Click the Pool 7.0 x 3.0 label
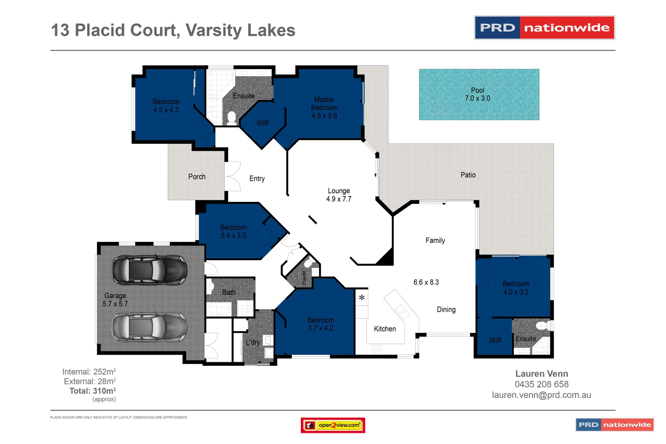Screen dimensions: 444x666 click(477, 94)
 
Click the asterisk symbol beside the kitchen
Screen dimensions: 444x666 click(362, 298)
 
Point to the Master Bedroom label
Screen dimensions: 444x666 click(324, 107)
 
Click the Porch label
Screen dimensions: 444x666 click(197, 177)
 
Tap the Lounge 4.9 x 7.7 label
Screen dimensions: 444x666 click(339, 195)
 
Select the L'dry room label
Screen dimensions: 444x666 click(253, 342)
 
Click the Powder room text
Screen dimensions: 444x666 click(304, 277)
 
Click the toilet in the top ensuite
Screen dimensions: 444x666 click(231, 118)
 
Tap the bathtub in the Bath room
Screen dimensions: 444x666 click(219, 309)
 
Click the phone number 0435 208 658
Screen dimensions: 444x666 click(541, 384)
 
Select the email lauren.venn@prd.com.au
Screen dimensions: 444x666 click(541, 395)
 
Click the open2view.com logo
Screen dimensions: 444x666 click(333, 425)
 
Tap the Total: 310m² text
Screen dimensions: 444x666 click(92, 391)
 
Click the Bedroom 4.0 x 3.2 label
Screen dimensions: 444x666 click(516, 288)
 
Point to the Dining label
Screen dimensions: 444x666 click(446, 310)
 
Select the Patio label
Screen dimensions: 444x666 click(468, 175)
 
